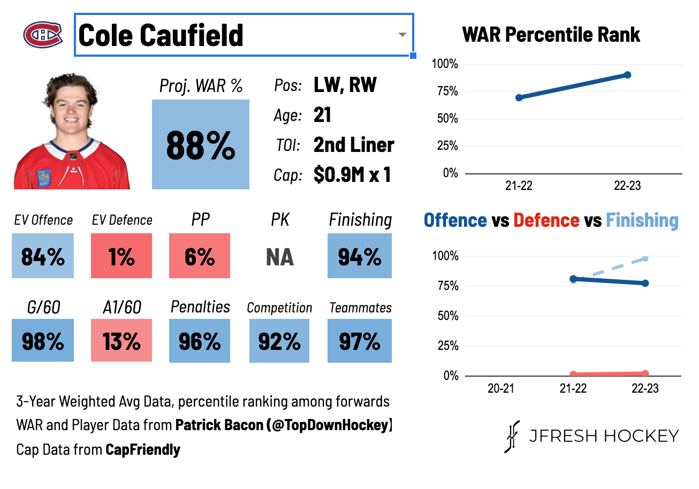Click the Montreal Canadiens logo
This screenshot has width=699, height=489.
coord(43,35)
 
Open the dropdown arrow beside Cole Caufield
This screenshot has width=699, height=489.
coord(402,35)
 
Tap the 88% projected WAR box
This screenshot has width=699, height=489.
coord(200,144)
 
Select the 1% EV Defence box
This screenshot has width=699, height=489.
coord(121,256)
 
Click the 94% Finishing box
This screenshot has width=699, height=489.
coord(359,256)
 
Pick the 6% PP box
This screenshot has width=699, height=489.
coord(199,256)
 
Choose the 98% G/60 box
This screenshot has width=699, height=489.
coord(43,341)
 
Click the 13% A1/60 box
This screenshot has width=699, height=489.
coord(121,341)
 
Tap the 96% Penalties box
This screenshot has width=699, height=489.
coord(199,341)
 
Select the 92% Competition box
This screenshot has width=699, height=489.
coord(279,341)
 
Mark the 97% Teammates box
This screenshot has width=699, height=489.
coord(359,341)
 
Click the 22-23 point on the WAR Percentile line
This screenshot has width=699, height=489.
coord(627,75)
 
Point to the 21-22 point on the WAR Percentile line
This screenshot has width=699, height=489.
coord(519,97)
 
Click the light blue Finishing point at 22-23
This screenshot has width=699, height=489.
coord(645,258)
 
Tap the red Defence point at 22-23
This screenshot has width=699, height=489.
coord(645,373)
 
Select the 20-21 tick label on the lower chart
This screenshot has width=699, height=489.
coord(500,388)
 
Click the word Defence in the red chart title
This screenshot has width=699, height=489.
coord(546,220)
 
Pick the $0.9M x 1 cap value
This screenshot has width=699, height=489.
coord(352,175)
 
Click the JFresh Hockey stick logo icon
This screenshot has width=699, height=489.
coord(512,436)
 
